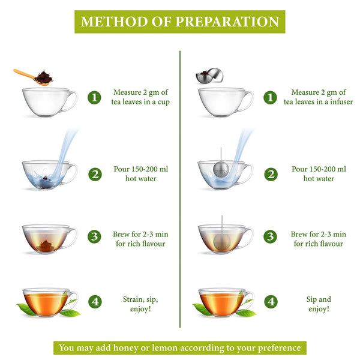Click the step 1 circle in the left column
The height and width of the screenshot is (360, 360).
pyautogui.click(x=94, y=97)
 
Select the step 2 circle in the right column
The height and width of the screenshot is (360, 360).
pyautogui.click(x=271, y=174)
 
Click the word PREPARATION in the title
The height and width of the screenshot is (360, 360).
pyautogui.click(x=227, y=22)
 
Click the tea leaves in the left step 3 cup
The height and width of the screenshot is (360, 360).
pyautogui.click(x=44, y=245)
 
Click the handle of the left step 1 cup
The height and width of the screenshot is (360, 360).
pyautogui.click(x=71, y=101)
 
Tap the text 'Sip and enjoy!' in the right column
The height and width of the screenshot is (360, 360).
pyautogui.click(x=318, y=304)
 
